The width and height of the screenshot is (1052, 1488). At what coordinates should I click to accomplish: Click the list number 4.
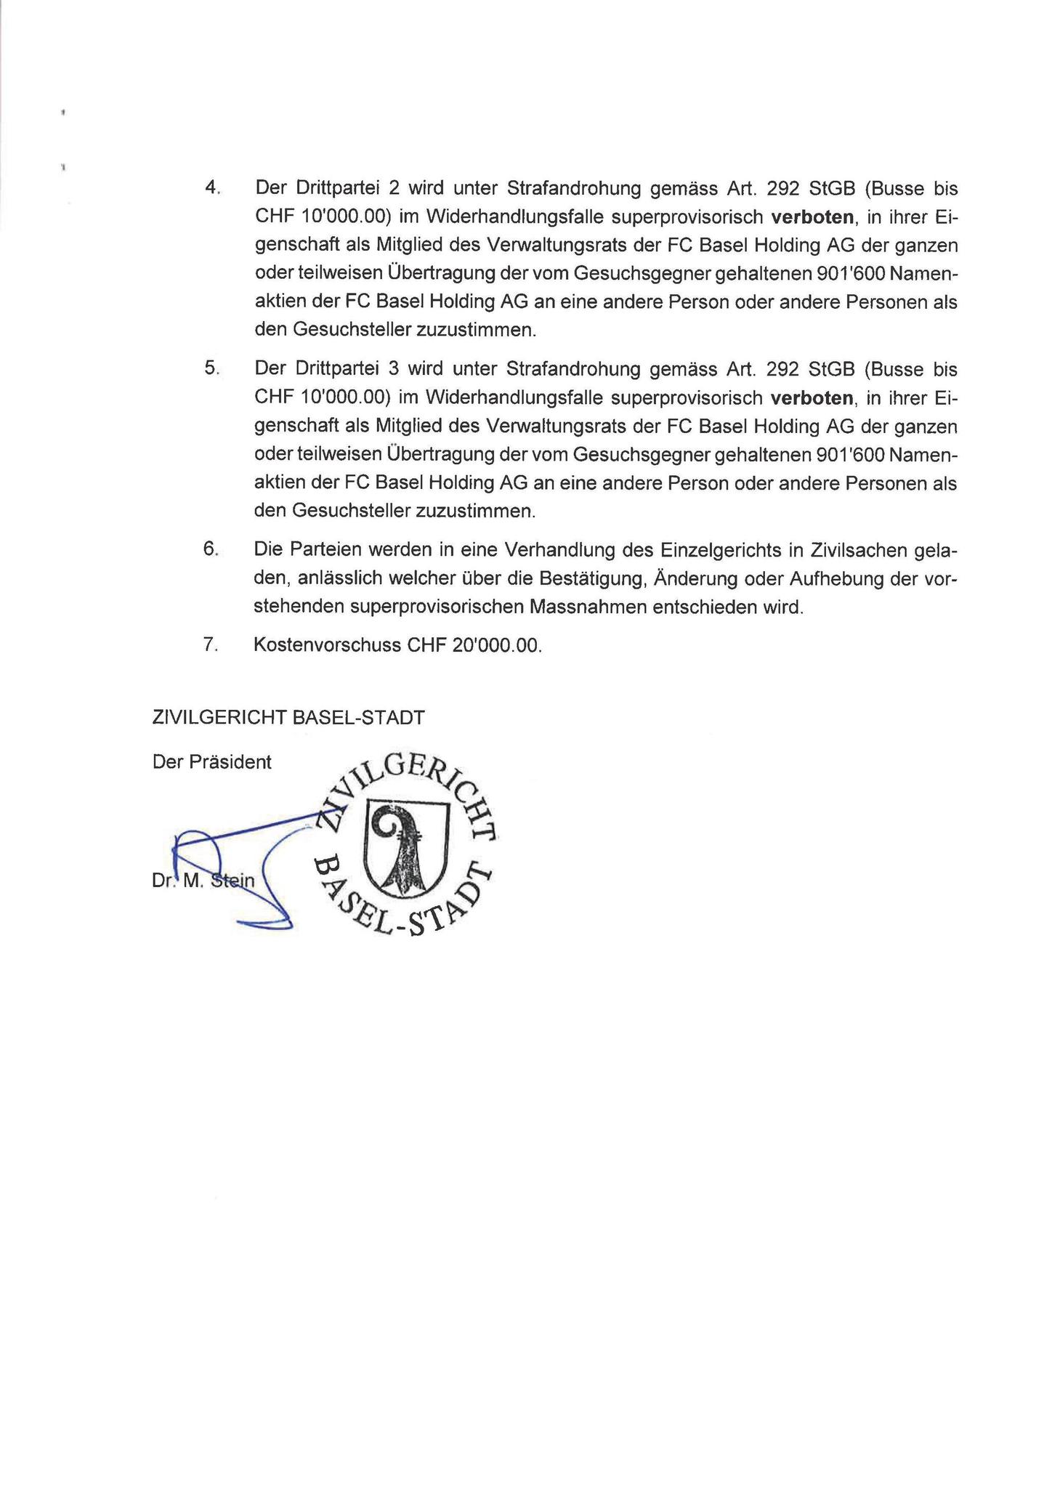coord(211,188)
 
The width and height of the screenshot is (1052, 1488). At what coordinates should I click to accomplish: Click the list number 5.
coord(211,369)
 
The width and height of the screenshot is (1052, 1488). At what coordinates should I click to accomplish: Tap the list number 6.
coord(211,550)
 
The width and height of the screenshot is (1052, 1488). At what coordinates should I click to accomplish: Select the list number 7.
coord(211,645)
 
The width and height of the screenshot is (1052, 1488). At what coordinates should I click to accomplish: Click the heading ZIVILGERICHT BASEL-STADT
coord(288,718)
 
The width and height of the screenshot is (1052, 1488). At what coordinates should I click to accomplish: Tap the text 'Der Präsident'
coord(212,761)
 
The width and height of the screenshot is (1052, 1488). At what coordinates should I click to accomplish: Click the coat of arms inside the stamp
coord(405,847)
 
